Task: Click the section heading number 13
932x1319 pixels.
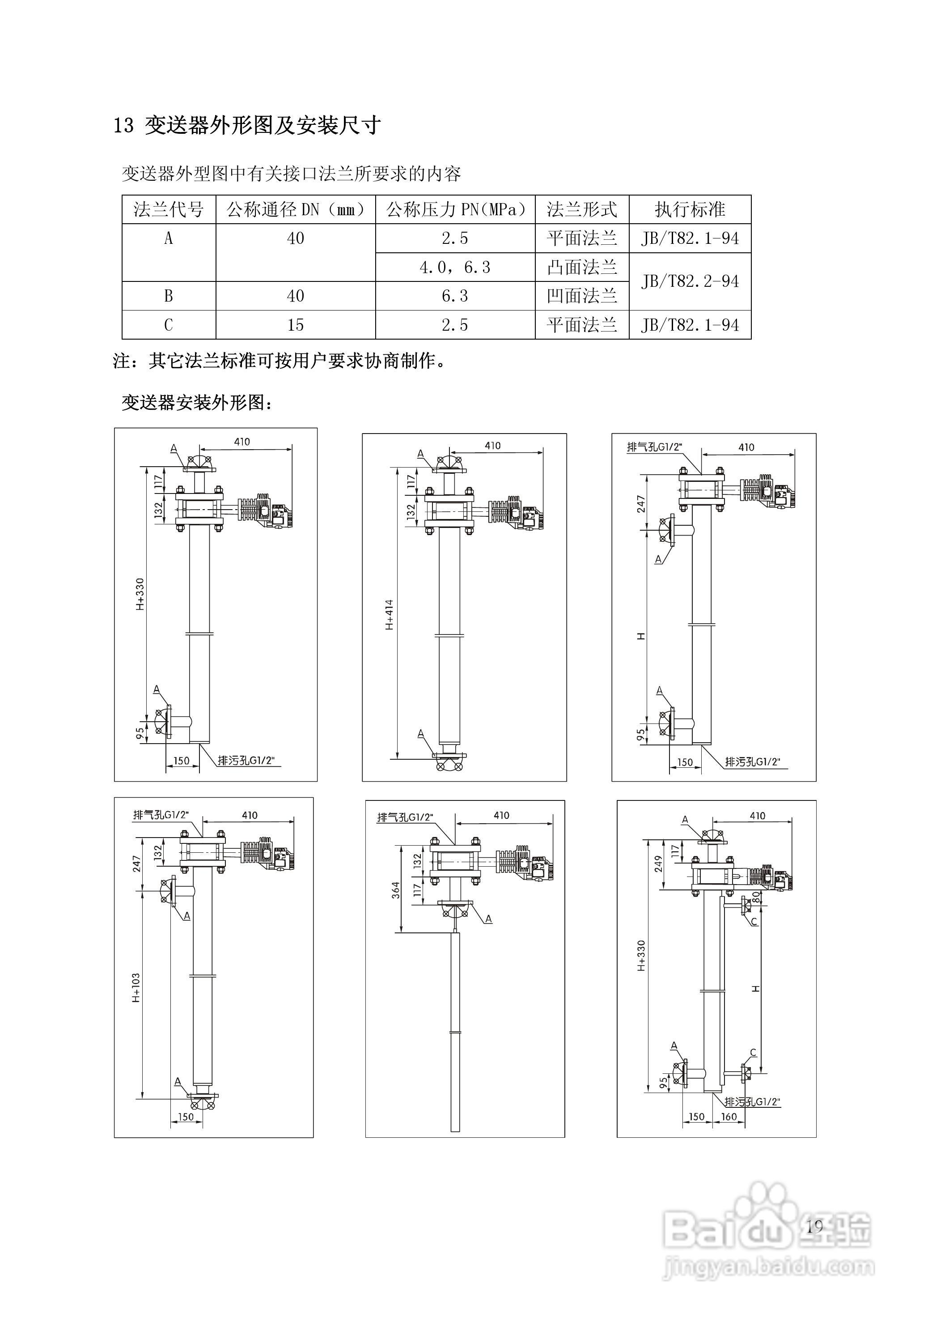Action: tap(123, 126)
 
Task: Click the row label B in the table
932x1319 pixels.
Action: tap(168, 296)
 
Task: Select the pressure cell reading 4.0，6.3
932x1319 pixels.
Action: tap(455, 267)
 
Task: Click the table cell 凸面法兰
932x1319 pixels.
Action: tap(582, 267)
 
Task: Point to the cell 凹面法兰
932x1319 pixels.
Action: tap(582, 296)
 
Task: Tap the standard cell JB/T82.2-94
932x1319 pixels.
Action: tap(690, 281)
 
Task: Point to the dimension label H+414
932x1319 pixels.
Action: tap(390, 615)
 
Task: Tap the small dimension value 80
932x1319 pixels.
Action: tap(756, 896)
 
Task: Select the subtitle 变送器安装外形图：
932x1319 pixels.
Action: tap(196, 403)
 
